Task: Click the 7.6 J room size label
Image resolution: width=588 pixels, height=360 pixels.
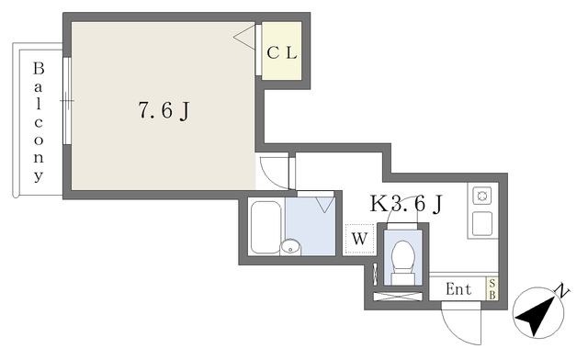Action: coord(164,111)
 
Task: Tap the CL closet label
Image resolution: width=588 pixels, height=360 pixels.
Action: coord(282,52)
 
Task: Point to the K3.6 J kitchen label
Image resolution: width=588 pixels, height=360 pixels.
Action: coord(404,205)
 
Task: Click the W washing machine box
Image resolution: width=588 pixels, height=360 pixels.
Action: coord(359,240)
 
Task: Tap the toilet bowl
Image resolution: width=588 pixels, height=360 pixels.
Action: coord(403,258)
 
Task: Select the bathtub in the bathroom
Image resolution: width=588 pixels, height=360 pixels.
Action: coord(266,227)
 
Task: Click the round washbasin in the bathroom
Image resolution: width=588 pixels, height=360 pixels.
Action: coord(290,246)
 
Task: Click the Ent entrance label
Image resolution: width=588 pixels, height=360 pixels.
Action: coord(458,289)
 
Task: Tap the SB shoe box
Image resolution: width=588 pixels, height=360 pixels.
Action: coord(492,289)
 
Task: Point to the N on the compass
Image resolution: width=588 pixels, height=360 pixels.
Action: coord(563,292)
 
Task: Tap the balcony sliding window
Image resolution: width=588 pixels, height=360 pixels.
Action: coord(66,101)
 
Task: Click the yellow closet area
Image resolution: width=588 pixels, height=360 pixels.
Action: coord(281,64)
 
